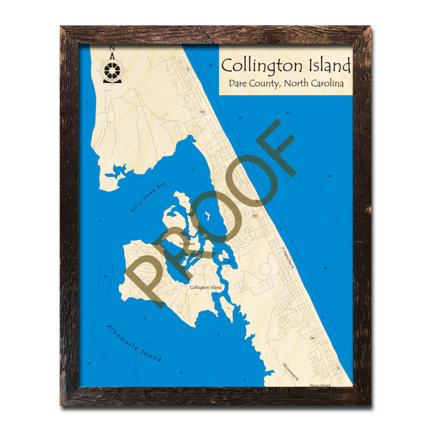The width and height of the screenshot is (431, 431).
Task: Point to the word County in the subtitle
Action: (264, 83)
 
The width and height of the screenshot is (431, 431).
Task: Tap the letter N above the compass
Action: (112, 48)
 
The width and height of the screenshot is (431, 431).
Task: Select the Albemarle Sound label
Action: (134, 343)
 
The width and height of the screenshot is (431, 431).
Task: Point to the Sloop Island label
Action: (187, 243)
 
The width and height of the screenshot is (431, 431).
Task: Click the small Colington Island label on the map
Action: (205, 287)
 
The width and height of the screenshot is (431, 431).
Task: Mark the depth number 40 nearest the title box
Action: (288, 112)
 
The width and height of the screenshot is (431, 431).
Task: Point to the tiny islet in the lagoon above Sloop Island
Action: (208, 217)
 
